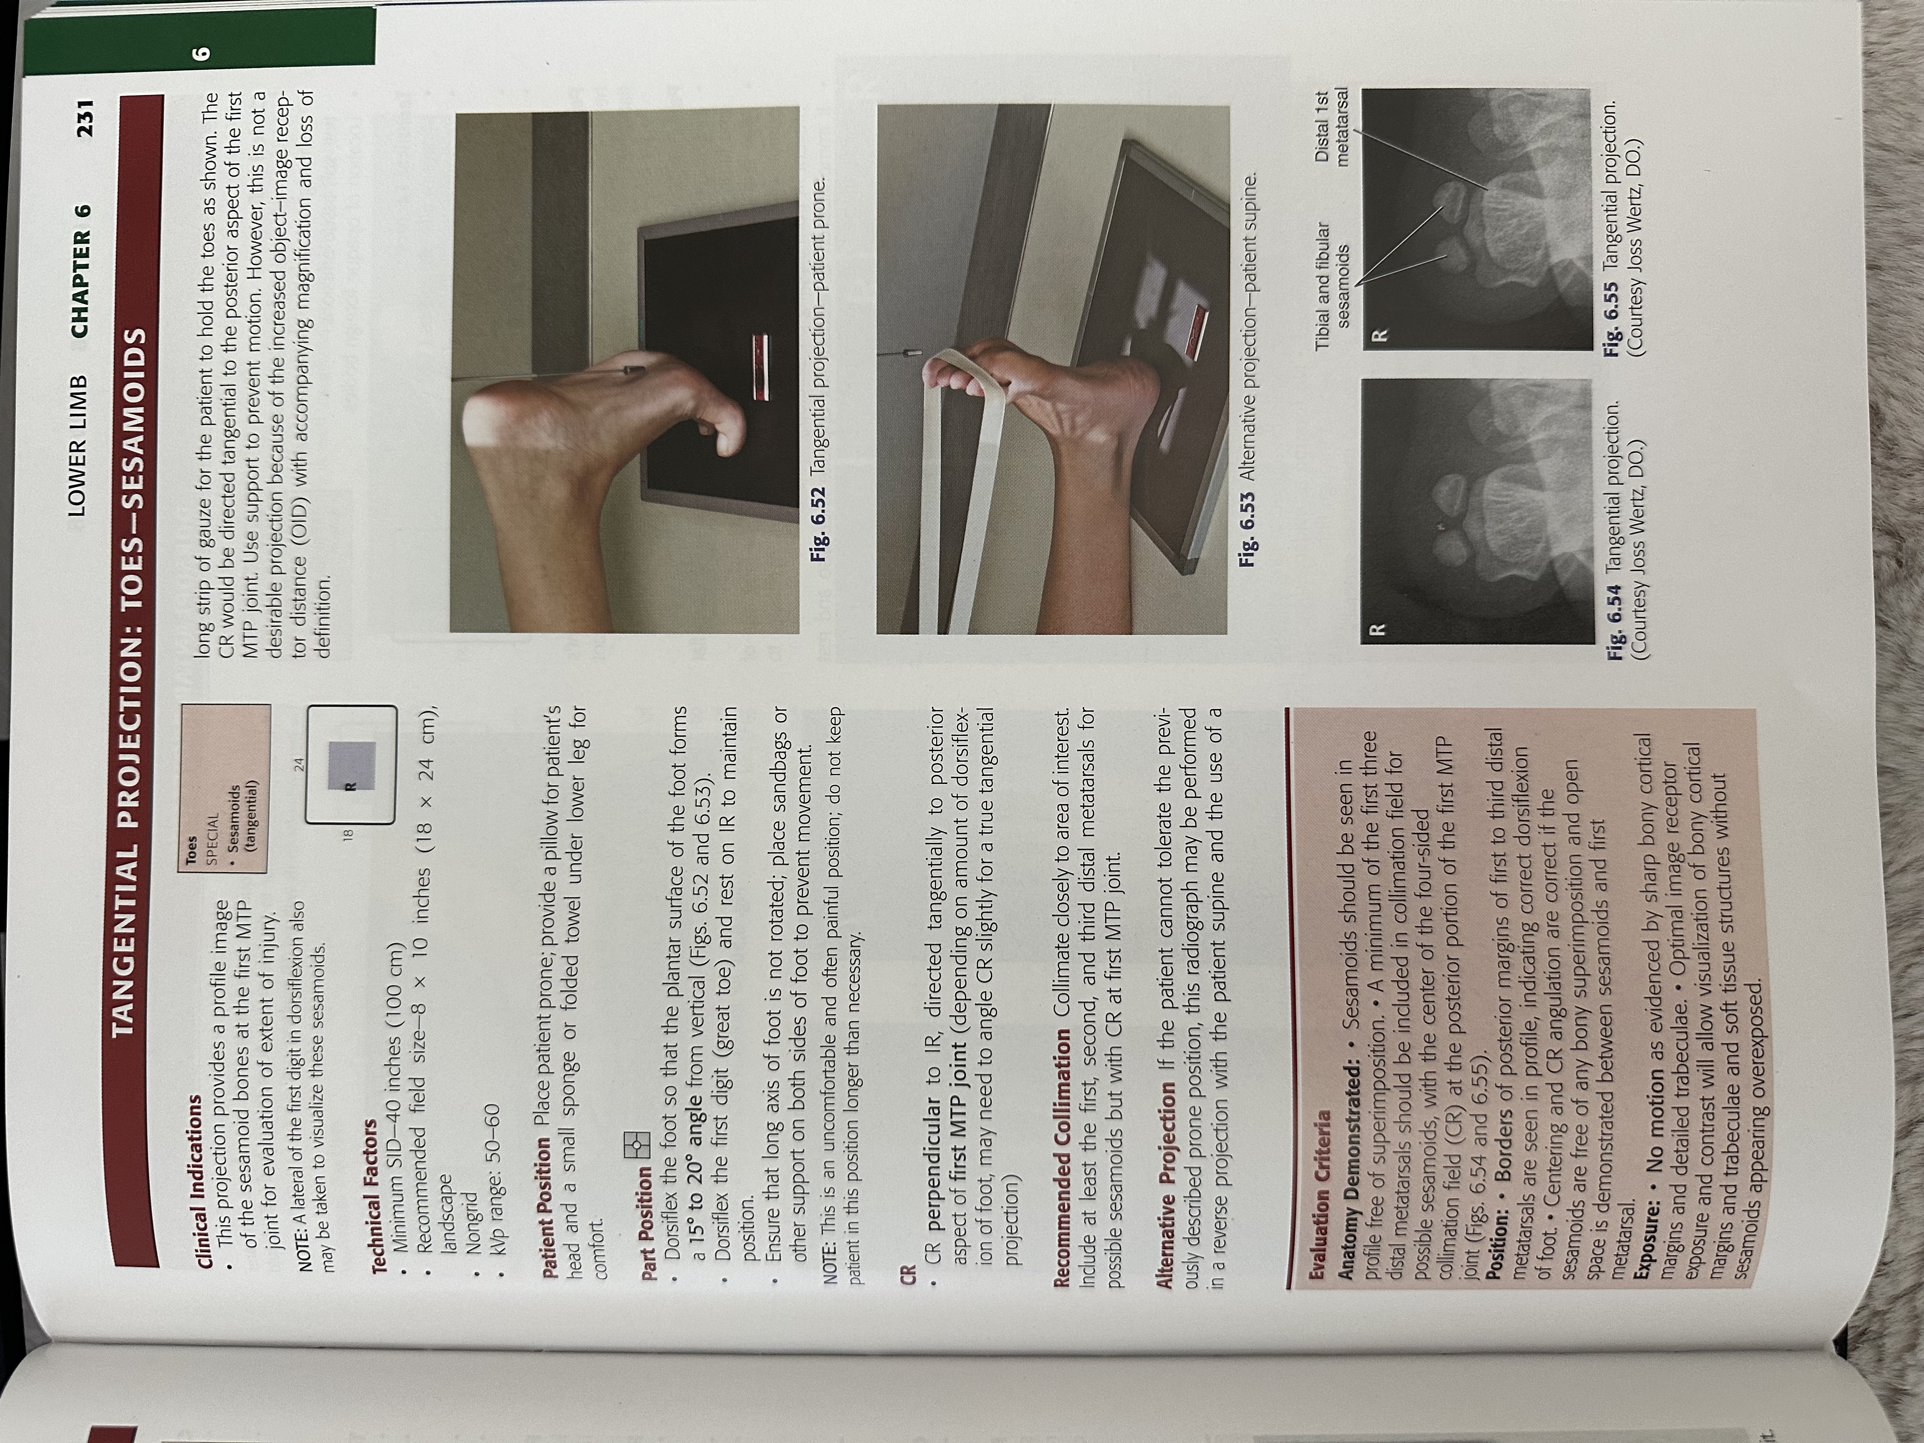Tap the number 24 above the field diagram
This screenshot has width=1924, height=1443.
[x=297, y=764]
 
